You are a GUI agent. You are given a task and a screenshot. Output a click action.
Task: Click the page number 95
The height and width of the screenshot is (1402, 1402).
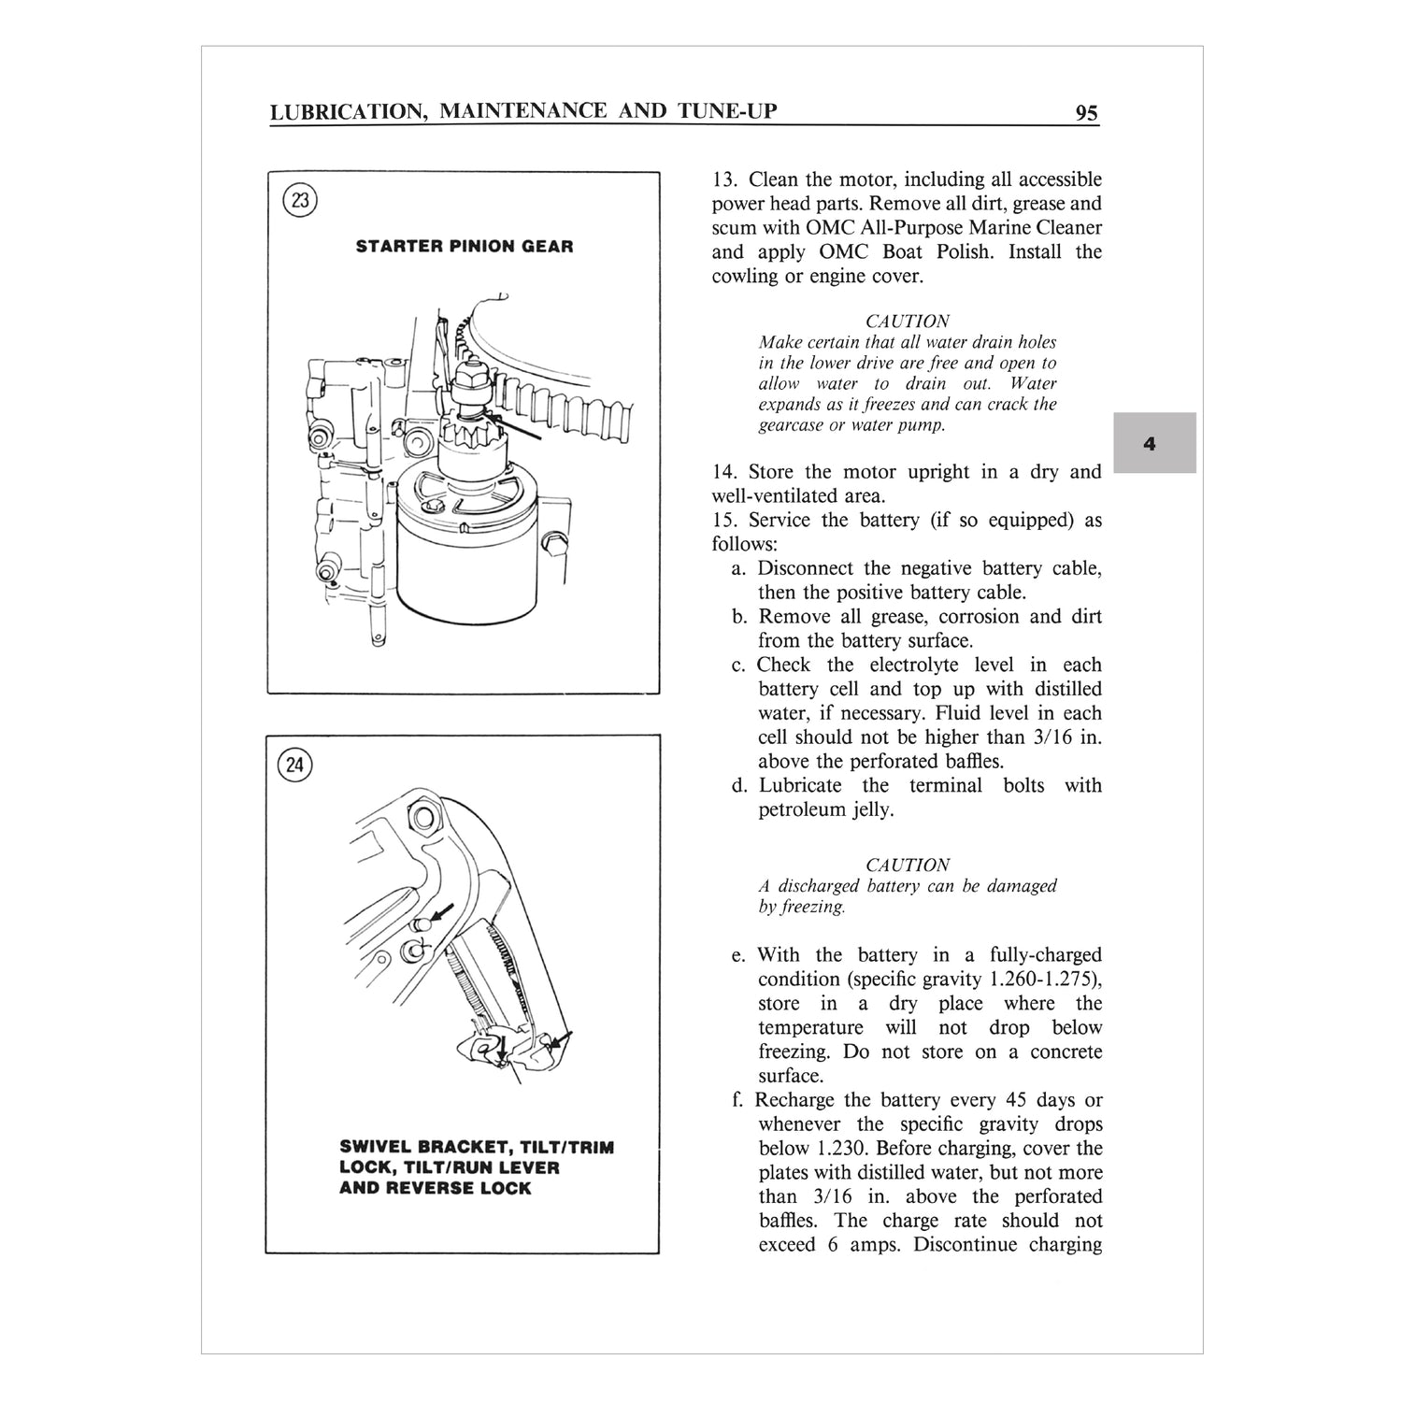(1086, 113)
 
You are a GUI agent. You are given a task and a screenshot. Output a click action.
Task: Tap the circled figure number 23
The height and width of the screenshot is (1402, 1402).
(300, 200)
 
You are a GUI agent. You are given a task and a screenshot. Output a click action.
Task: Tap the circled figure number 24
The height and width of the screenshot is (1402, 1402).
(295, 765)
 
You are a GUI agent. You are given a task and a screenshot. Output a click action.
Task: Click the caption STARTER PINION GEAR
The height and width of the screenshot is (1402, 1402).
(465, 247)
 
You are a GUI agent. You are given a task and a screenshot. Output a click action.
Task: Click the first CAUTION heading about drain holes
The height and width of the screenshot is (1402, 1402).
(907, 321)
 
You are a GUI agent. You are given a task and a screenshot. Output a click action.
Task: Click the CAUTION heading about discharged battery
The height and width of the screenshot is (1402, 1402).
(907, 865)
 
